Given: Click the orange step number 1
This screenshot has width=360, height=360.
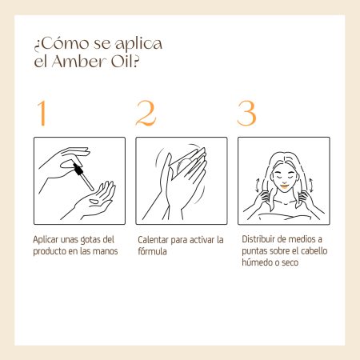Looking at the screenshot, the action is coord(42,113).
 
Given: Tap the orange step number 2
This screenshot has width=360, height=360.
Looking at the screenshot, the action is coord(146,113).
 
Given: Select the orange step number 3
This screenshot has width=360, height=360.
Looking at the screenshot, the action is coord(246,113).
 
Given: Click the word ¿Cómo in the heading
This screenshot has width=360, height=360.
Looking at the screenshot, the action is coord(62,44).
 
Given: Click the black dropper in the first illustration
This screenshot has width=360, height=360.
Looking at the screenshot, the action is coord(83,176).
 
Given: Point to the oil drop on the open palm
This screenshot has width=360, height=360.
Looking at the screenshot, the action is coord(94,202).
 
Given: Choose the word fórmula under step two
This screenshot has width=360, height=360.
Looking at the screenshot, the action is coord(152,251).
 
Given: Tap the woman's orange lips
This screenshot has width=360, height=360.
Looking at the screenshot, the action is coord(285,186).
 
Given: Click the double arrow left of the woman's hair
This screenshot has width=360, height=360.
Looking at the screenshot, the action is coord(257,186).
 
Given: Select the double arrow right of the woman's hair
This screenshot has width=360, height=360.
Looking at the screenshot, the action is coord(311,186).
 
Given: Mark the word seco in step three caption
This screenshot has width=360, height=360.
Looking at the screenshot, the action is coord(290,262).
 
